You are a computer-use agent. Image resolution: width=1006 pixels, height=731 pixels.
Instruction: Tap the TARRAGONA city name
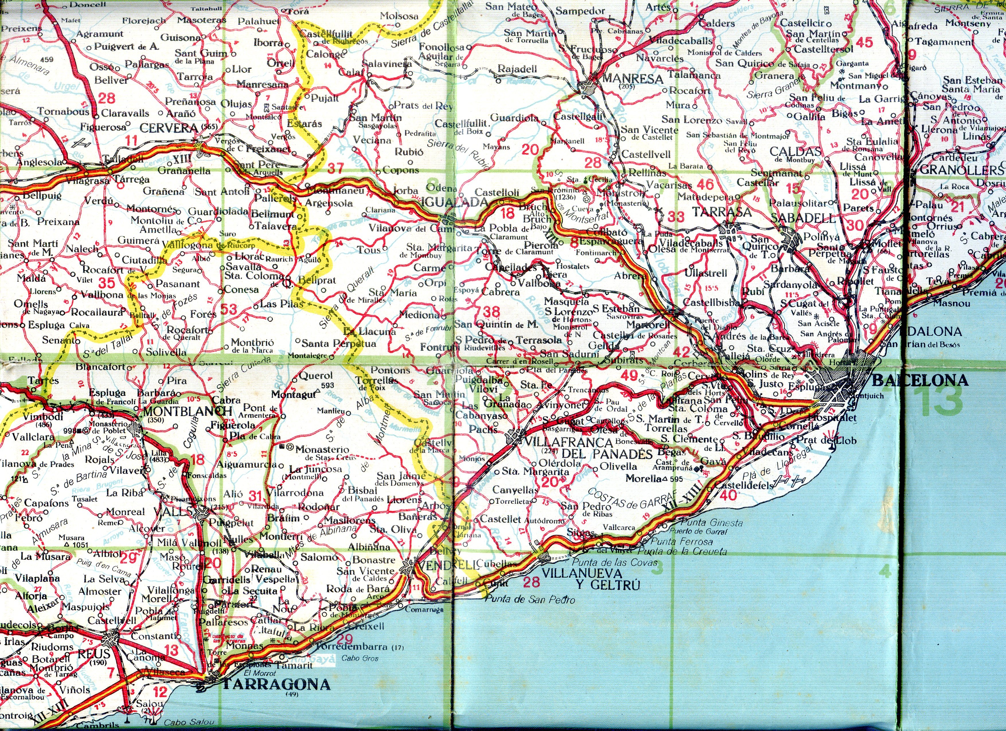pyautogui.click(x=276, y=685)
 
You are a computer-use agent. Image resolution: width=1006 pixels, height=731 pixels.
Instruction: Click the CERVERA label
pyautogui.click(x=169, y=128)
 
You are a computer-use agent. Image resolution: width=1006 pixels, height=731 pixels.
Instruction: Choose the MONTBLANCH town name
pyautogui.click(x=187, y=411)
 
